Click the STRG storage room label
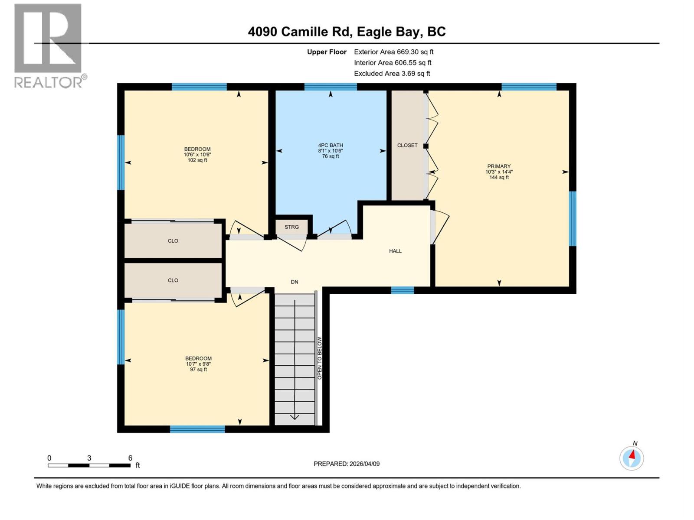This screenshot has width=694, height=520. pyautogui.click(x=291, y=227)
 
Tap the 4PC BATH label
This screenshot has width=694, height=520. pyautogui.click(x=331, y=146)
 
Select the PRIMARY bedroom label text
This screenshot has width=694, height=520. pyautogui.click(x=499, y=166)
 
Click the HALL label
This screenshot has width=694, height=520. pyautogui.click(x=395, y=251)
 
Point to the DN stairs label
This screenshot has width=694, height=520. pyautogui.click(x=295, y=282)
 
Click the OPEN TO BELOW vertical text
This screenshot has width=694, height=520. pyautogui.click(x=320, y=358)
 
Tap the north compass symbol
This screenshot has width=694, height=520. pyautogui.click(x=632, y=458)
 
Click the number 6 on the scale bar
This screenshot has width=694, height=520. pyautogui.click(x=130, y=458)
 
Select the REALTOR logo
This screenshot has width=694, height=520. pyautogui.click(x=48, y=45)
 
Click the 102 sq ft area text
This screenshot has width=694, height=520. pyautogui.click(x=197, y=160)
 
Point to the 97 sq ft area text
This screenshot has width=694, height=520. pyautogui.click(x=198, y=370)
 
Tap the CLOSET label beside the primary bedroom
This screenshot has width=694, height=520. pyautogui.click(x=407, y=146)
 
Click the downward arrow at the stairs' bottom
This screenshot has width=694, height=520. pyautogui.click(x=295, y=417)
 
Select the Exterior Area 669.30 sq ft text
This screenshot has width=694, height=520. pyautogui.click(x=393, y=52)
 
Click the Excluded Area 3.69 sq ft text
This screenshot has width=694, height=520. pyautogui.click(x=392, y=74)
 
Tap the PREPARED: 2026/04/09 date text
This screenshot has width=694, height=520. pyautogui.click(x=347, y=464)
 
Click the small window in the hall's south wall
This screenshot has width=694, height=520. pyautogui.click(x=402, y=290)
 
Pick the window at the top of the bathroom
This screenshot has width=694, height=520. pyautogui.click(x=331, y=87)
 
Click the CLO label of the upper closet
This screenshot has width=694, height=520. pyautogui.click(x=173, y=241)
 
